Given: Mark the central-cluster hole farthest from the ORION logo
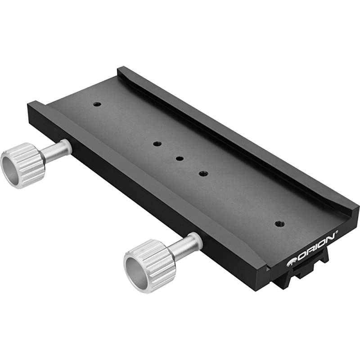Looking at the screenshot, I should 156,144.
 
